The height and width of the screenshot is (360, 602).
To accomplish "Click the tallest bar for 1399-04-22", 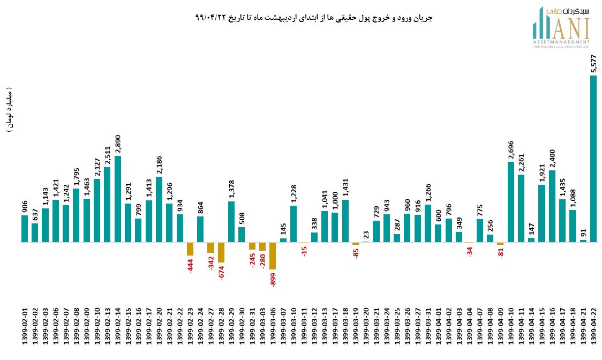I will (x=593, y=159).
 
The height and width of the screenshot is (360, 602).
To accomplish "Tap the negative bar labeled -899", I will (x=273, y=256).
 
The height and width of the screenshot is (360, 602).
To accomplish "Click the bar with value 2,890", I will (x=117, y=199).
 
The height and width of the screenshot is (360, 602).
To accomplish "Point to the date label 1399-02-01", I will (x=25, y=327).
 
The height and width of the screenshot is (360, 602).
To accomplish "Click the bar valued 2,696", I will (x=511, y=202).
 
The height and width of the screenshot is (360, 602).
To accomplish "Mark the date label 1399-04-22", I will (x=593, y=327).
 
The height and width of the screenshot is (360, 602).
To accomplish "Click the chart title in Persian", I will (x=314, y=18).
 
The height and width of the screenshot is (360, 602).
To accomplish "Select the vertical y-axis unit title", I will (x=10, y=109).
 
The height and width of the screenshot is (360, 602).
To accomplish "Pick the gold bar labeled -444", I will (x=190, y=249).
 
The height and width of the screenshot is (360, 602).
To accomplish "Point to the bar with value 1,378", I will (x=231, y=222).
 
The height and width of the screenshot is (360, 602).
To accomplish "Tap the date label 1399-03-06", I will (x=273, y=327).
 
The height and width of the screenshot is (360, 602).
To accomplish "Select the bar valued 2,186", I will (x=159, y=209).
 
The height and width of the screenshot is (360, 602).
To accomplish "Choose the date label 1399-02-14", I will (x=117, y=327).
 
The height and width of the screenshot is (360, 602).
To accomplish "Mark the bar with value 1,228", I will (x=294, y=224).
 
